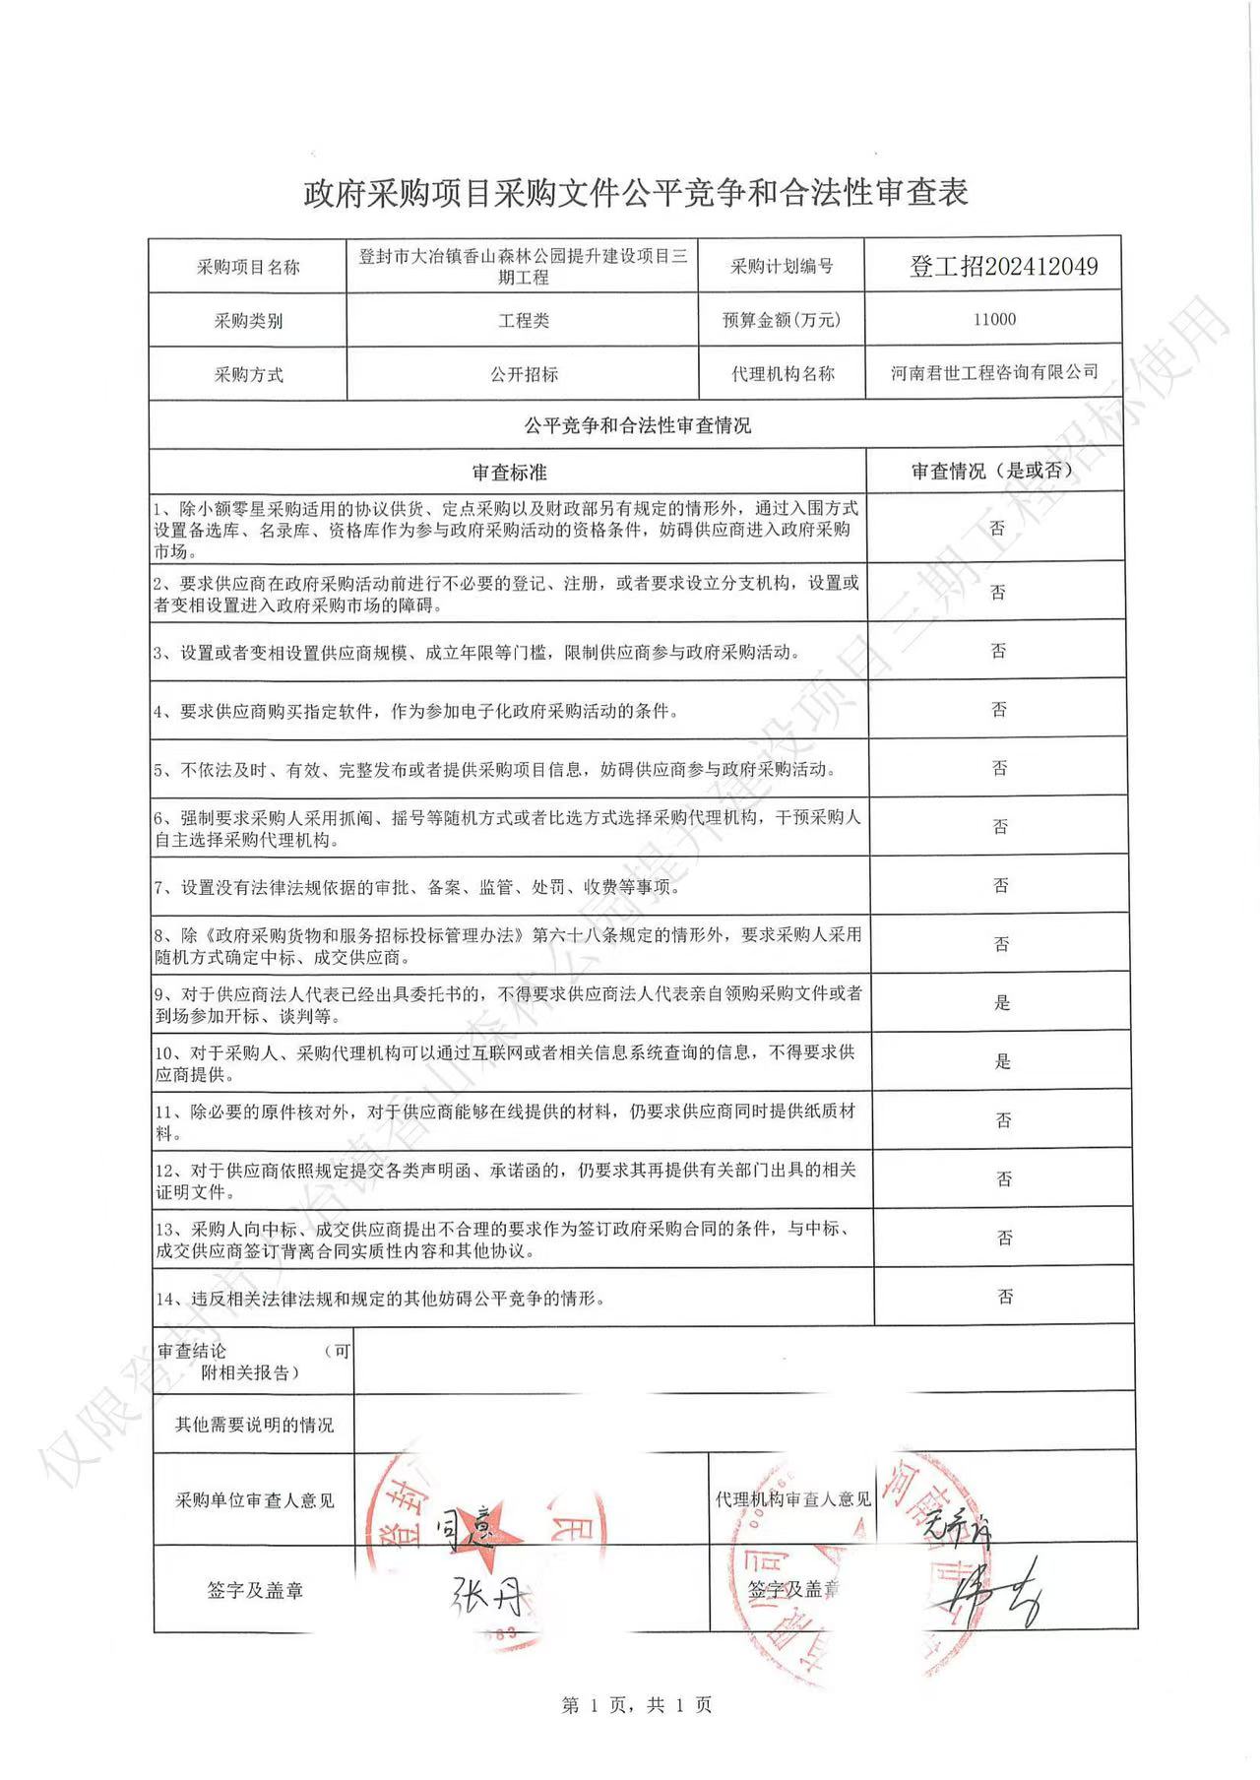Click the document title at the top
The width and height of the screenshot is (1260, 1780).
click(x=635, y=193)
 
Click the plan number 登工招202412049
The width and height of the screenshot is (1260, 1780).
click(x=1003, y=266)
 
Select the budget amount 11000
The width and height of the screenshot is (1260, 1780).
click(x=994, y=319)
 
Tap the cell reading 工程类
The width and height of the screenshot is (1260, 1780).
click(x=524, y=321)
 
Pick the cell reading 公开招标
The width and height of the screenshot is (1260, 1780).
click(x=524, y=374)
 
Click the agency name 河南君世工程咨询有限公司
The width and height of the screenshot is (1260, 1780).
click(x=994, y=373)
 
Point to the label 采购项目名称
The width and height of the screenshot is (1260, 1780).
click(x=248, y=267)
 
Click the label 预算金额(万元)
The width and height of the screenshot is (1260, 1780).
click(x=782, y=320)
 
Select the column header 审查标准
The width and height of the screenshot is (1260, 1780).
click(x=509, y=473)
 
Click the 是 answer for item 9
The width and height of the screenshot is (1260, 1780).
click(x=1002, y=1002)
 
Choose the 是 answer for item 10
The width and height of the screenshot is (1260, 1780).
click(x=1002, y=1061)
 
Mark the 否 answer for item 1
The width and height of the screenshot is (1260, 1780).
click(x=997, y=529)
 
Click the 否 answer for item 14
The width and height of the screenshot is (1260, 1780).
click(x=1005, y=1297)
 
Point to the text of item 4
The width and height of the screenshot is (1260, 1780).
click(x=415, y=711)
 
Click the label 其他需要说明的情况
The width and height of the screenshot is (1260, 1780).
click(x=254, y=1425)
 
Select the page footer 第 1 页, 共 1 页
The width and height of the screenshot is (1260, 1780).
click(x=636, y=1705)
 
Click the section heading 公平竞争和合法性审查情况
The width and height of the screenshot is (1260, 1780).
click(x=637, y=425)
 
